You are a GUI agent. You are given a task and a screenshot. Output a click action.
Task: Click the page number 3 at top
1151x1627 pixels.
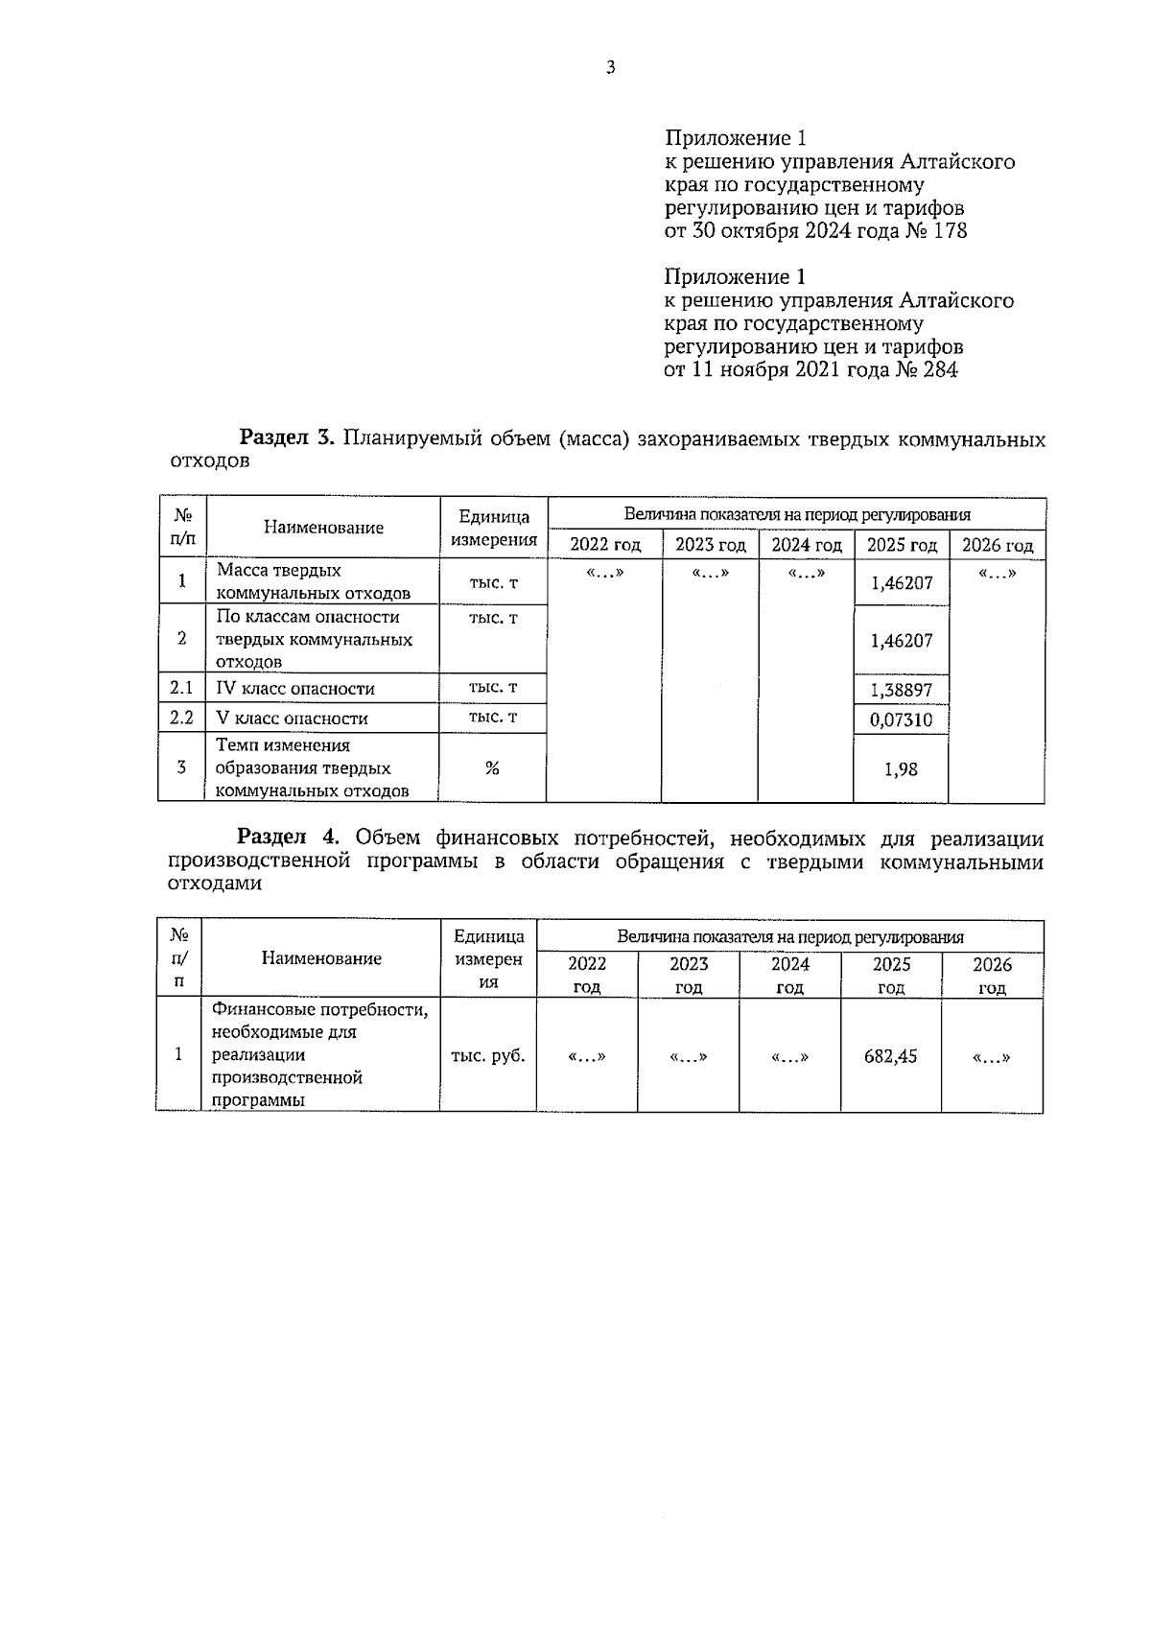[x=610, y=67]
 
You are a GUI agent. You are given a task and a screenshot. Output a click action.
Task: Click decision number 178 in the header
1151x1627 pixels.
[x=950, y=231]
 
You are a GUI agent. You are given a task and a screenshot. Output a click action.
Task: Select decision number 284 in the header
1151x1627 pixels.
[x=939, y=370]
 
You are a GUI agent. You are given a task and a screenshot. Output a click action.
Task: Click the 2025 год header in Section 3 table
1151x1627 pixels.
[x=901, y=546]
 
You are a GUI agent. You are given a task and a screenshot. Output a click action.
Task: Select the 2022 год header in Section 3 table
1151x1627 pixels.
[x=604, y=546]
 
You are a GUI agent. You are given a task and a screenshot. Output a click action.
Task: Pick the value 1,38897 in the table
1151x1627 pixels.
[x=901, y=691]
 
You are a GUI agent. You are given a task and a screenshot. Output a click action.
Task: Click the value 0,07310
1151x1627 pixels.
[x=901, y=720]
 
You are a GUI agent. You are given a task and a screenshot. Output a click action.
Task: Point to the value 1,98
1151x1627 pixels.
[x=901, y=769]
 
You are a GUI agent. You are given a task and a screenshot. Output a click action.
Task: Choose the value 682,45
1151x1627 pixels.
[x=890, y=1057]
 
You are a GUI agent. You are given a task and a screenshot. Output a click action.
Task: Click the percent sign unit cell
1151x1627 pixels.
[x=492, y=768]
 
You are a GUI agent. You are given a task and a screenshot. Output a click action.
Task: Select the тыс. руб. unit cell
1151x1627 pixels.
[x=488, y=1056]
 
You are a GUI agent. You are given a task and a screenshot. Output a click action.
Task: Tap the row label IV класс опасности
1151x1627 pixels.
[x=294, y=689]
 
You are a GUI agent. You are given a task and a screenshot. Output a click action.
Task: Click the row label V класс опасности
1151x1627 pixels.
[x=292, y=719]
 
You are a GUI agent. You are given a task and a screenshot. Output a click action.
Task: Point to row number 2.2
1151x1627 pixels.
[x=181, y=718]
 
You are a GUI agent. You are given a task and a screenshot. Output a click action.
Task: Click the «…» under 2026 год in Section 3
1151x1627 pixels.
[x=997, y=574]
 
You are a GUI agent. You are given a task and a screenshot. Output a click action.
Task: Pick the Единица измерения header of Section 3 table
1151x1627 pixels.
[x=493, y=529]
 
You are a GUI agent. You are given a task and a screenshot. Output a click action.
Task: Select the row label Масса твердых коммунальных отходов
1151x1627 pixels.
[x=313, y=582]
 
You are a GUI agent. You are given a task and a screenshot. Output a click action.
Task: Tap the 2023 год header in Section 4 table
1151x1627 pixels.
[x=688, y=975]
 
